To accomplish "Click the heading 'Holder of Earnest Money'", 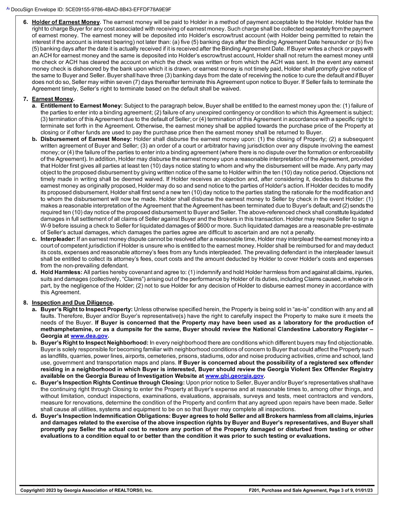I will point(66,22).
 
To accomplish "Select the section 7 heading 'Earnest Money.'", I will point(53,99).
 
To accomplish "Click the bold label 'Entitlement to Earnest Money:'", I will point(82,106).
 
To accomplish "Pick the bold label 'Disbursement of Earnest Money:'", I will point(86,139).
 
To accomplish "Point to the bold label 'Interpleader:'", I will point(58,239).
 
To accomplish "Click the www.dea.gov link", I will point(89,336).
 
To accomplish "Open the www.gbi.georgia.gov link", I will point(234,376).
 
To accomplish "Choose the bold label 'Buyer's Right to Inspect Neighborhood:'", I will point(94,343).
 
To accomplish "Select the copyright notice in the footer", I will point(86,490).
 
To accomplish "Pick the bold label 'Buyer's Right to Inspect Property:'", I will point(87,309).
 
